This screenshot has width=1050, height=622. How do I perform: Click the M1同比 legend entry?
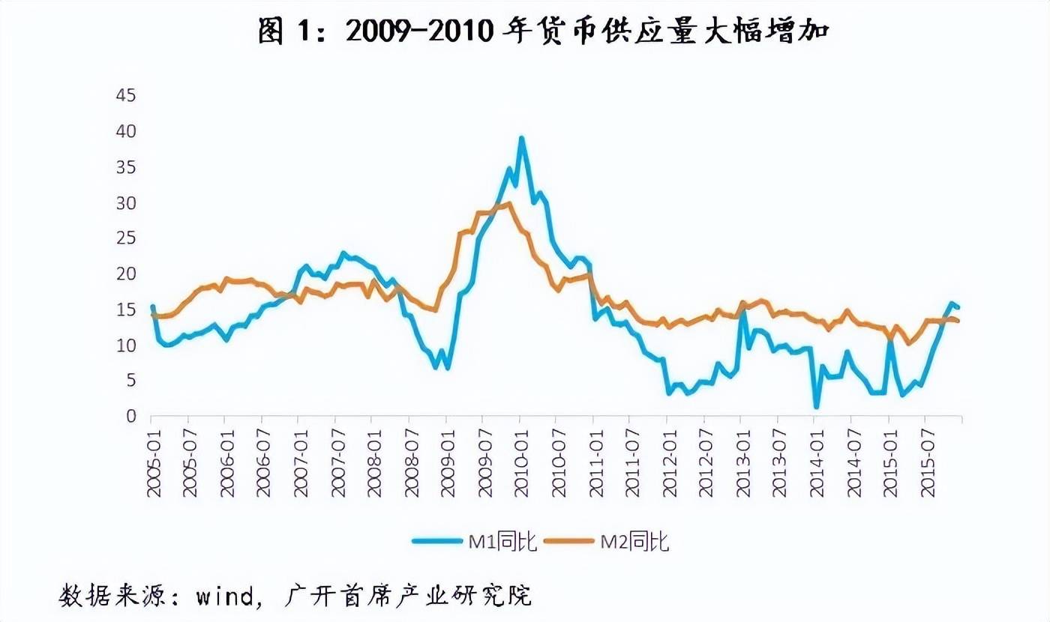(475, 540)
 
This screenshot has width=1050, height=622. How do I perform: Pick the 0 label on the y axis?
(130, 417)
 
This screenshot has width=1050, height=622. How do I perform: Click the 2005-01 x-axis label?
(154, 464)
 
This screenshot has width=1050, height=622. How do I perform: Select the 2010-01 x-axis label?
(522, 464)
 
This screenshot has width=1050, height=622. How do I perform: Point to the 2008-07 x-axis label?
(412, 464)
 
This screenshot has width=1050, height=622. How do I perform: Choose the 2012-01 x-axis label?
(670, 464)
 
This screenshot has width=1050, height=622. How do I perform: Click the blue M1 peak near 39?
(521, 138)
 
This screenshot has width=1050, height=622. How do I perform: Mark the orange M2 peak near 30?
(509, 203)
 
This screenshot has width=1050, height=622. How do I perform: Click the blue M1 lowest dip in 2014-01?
(816, 407)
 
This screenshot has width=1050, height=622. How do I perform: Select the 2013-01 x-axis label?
(743, 464)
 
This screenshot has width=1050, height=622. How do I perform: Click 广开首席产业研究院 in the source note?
(409, 596)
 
